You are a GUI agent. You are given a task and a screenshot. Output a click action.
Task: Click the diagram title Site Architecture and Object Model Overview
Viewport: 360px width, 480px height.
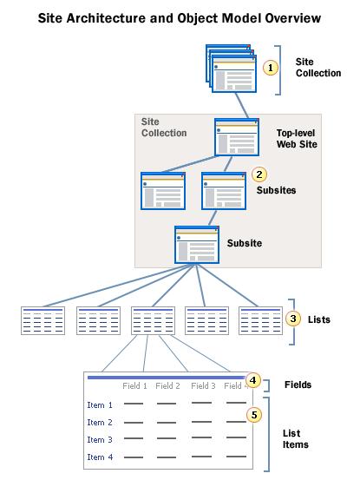[179, 17]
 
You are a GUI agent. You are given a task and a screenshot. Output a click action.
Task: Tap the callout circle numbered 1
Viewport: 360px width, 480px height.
[270, 67]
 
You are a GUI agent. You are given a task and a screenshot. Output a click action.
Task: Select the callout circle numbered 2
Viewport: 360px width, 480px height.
[258, 174]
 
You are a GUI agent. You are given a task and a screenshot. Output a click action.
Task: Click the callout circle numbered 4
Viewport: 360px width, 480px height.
[252, 379]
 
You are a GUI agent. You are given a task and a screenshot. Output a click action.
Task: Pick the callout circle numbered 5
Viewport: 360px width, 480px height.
[253, 415]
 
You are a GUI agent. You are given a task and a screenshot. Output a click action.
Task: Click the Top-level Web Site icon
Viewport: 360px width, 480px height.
[236, 136]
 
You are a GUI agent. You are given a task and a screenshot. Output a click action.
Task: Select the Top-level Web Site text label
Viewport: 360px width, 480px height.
[297, 136]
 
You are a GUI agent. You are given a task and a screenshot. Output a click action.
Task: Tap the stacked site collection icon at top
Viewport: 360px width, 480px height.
[231, 69]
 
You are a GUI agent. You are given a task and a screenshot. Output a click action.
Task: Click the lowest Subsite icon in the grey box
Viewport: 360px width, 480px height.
[196, 245]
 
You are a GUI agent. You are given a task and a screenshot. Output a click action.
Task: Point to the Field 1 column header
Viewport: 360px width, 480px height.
[134, 385]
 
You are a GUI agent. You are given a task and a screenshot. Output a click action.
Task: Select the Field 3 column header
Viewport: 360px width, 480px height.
[203, 385]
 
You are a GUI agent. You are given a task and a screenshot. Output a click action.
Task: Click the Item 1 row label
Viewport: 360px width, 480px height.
[100, 404]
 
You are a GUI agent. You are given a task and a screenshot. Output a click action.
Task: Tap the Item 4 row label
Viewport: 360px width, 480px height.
[100, 457]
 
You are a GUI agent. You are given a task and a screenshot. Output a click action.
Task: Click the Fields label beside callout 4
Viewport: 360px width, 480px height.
[298, 384]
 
